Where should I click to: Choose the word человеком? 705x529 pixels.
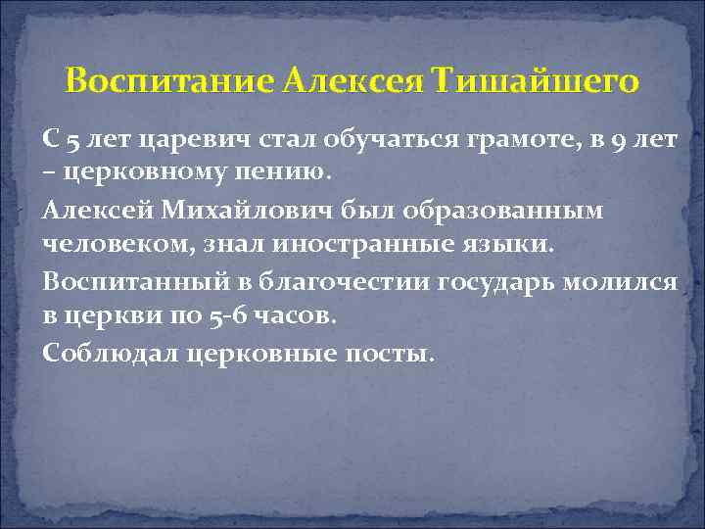pos(109,244)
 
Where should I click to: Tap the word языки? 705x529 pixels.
pos(505,244)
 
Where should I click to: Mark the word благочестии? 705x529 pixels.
pos(335,280)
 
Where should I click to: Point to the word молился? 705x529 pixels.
pos(632,280)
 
